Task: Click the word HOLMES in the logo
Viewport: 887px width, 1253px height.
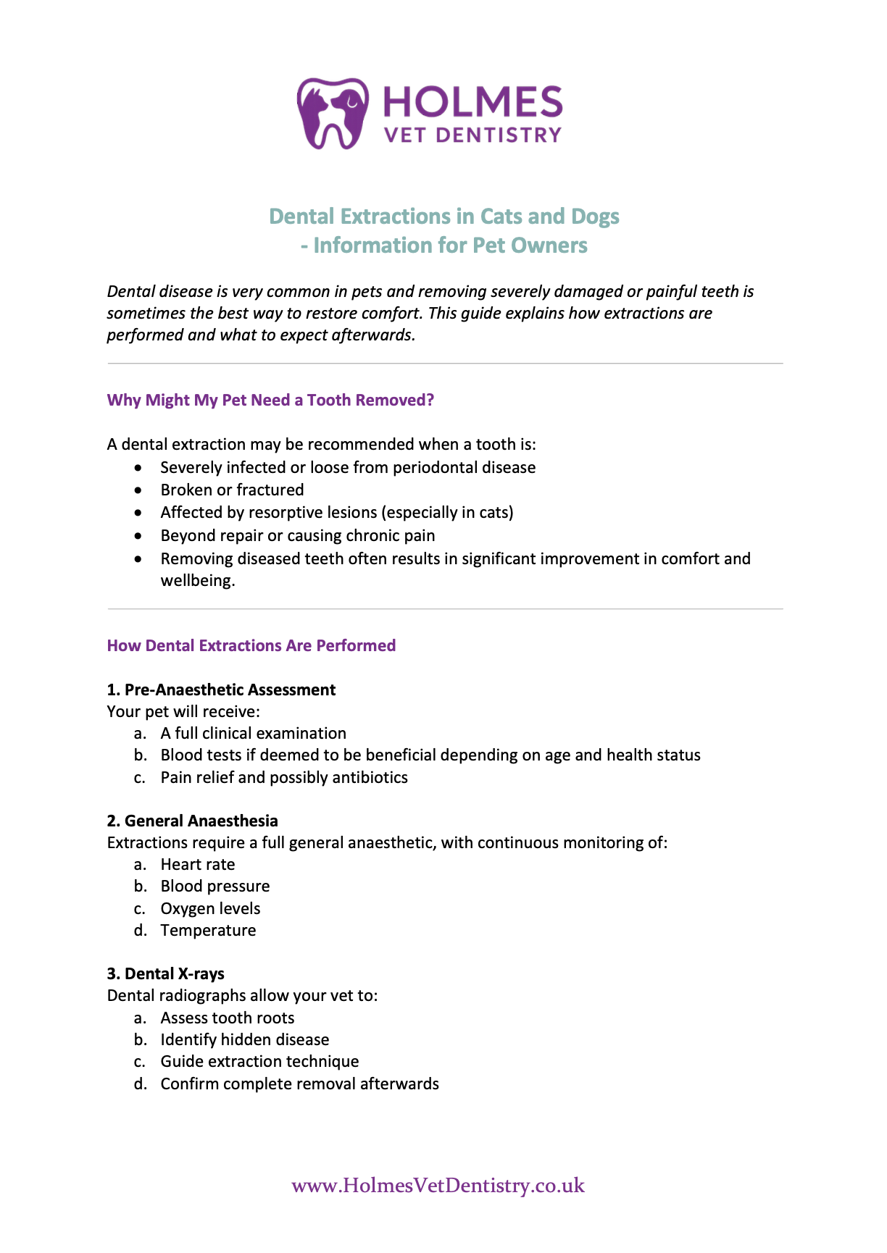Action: (472, 102)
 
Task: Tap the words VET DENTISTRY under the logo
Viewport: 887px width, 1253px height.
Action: (472, 135)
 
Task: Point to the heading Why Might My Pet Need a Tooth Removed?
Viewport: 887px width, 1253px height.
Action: (270, 401)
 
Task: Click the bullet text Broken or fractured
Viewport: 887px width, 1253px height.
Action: (232, 490)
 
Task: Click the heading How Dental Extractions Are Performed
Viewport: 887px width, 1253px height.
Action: (251, 646)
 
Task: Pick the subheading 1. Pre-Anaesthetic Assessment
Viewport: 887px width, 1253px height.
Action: (221, 690)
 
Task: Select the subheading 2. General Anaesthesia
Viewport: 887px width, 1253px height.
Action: (192, 821)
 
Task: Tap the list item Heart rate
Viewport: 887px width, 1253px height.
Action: (197, 865)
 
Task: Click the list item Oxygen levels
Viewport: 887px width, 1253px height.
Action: (210, 909)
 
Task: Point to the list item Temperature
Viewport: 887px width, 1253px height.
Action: (208, 931)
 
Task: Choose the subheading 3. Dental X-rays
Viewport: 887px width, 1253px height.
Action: (165, 974)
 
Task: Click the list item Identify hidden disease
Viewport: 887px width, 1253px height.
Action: (244, 1040)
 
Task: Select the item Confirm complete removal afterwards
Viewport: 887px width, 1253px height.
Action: (299, 1084)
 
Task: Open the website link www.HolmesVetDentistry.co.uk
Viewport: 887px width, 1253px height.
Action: (438, 1186)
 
